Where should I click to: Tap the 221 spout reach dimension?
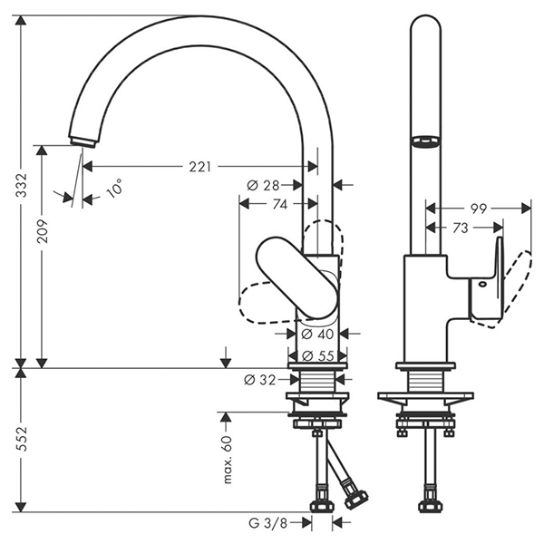pos(199,167)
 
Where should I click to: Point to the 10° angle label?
pos(114,189)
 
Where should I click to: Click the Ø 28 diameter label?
pos(263,185)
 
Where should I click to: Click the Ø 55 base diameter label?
pos(312,355)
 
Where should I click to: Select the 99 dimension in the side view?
pos(479,209)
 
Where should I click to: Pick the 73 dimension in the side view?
pos(461,228)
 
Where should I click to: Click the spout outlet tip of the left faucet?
pos(82,140)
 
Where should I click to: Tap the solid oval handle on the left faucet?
pos(296,277)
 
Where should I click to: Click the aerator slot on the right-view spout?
pos(423,141)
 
